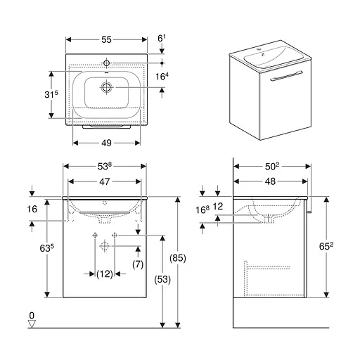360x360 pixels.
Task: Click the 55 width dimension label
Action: pyautogui.click(x=106, y=39)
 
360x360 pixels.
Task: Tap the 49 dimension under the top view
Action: pyautogui.click(x=106, y=143)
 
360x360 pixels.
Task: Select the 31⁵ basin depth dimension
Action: pyautogui.click(x=51, y=94)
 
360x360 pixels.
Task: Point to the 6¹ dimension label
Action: pyautogui.click(x=162, y=38)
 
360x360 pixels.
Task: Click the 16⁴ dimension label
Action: pyautogui.click(x=162, y=76)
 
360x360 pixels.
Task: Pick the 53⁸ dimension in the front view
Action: pyautogui.click(x=105, y=166)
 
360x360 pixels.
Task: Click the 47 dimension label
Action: pyautogui.click(x=105, y=181)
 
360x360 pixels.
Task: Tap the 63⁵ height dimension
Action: pyautogui.click(x=46, y=248)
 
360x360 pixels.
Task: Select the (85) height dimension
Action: pyautogui.click(x=178, y=258)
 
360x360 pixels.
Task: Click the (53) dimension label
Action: pyautogui.click(x=162, y=279)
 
